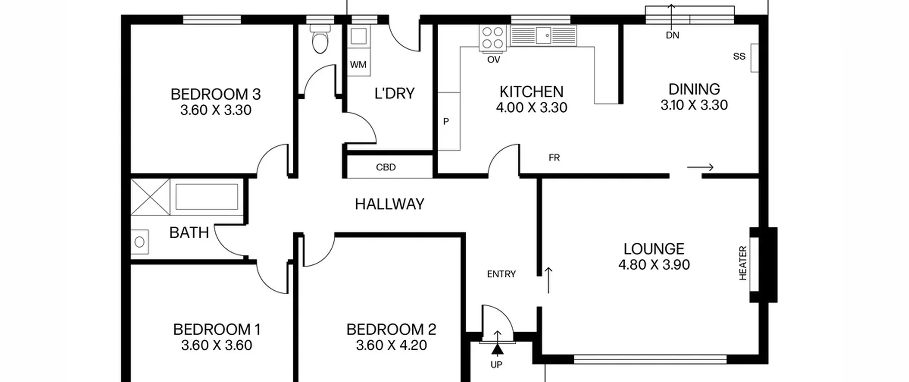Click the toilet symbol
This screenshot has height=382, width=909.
(320, 39)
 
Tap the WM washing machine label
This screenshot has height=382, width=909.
(358, 65)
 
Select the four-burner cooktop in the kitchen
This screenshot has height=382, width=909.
(492, 38)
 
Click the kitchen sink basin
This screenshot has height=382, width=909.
(543, 35)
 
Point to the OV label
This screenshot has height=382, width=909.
(494, 60)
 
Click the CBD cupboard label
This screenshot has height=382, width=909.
(386, 167)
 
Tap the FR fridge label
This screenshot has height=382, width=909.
(554, 157)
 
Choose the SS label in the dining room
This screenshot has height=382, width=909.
(739, 56)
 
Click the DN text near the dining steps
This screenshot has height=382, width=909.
(672, 35)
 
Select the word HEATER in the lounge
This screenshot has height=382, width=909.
(743, 263)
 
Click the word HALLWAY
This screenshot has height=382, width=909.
(390, 204)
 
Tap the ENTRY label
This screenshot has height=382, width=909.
(501, 274)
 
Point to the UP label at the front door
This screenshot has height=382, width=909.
(496, 365)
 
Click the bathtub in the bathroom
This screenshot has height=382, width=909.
(207, 197)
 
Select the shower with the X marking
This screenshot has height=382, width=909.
(150, 197)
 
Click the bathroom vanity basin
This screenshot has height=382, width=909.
(140, 242)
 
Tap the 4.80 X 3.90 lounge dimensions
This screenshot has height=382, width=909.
(654, 265)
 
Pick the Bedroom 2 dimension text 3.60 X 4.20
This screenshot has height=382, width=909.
(391, 345)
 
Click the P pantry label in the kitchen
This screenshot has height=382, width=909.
(446, 122)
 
